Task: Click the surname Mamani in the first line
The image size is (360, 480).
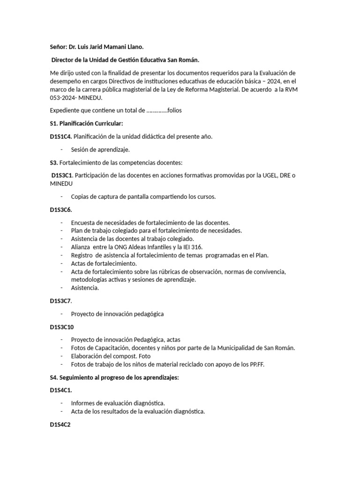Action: click(109, 47)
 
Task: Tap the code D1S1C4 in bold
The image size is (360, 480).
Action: click(60, 136)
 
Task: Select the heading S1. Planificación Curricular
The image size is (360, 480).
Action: click(86, 124)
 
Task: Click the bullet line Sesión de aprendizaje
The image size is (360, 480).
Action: click(100, 149)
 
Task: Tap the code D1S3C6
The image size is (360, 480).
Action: click(61, 210)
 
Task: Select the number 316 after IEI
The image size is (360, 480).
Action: click(210, 247)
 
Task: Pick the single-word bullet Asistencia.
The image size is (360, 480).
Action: click(85, 288)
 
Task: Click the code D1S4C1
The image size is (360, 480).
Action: click(60, 390)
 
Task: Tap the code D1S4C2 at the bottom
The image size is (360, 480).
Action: click(60, 425)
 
